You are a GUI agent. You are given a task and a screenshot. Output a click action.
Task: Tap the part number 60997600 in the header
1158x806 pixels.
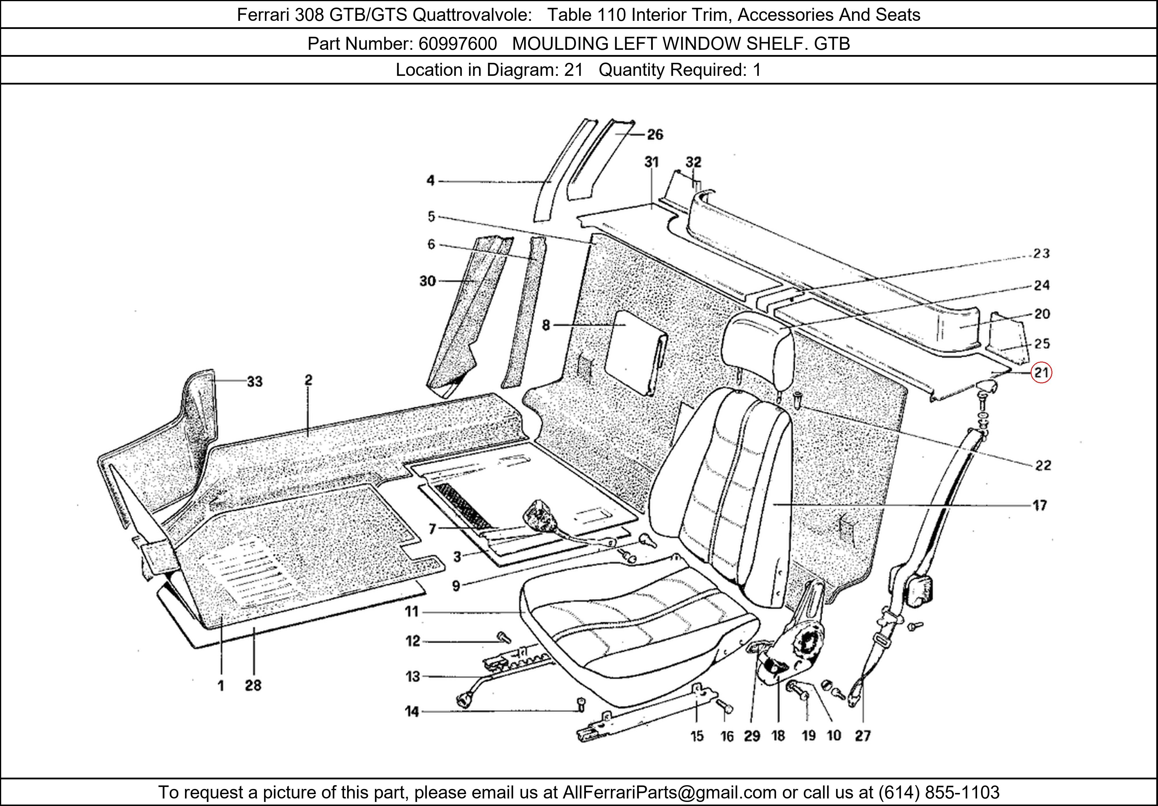pyautogui.click(x=457, y=44)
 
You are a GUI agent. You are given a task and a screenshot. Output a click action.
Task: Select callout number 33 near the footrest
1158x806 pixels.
pyautogui.click(x=255, y=382)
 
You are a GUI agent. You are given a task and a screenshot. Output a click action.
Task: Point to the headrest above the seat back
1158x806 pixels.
pyautogui.click(x=756, y=348)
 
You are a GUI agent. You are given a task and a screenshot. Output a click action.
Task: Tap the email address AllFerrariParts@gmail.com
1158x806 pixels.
pyautogui.click(x=669, y=792)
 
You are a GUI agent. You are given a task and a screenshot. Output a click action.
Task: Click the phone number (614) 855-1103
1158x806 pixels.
pyautogui.click(x=939, y=792)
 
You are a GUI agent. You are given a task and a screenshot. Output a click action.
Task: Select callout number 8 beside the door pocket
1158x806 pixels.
pyautogui.click(x=546, y=325)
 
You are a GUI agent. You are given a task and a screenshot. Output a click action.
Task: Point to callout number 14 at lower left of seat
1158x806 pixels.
pyautogui.click(x=412, y=712)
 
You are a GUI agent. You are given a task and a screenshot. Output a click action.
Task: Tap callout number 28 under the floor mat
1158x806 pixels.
pyautogui.click(x=253, y=686)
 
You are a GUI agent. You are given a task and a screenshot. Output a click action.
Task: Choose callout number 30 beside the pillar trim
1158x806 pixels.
pyautogui.click(x=427, y=281)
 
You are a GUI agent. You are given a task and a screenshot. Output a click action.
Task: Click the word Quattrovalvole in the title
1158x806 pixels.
pyautogui.click(x=472, y=15)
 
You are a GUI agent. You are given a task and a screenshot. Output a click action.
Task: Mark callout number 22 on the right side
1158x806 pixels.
pyautogui.click(x=1043, y=465)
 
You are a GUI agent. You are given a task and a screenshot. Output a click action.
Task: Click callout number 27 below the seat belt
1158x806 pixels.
pyautogui.click(x=862, y=736)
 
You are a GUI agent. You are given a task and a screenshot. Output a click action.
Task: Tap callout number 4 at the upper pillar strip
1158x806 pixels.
pyautogui.click(x=430, y=181)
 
